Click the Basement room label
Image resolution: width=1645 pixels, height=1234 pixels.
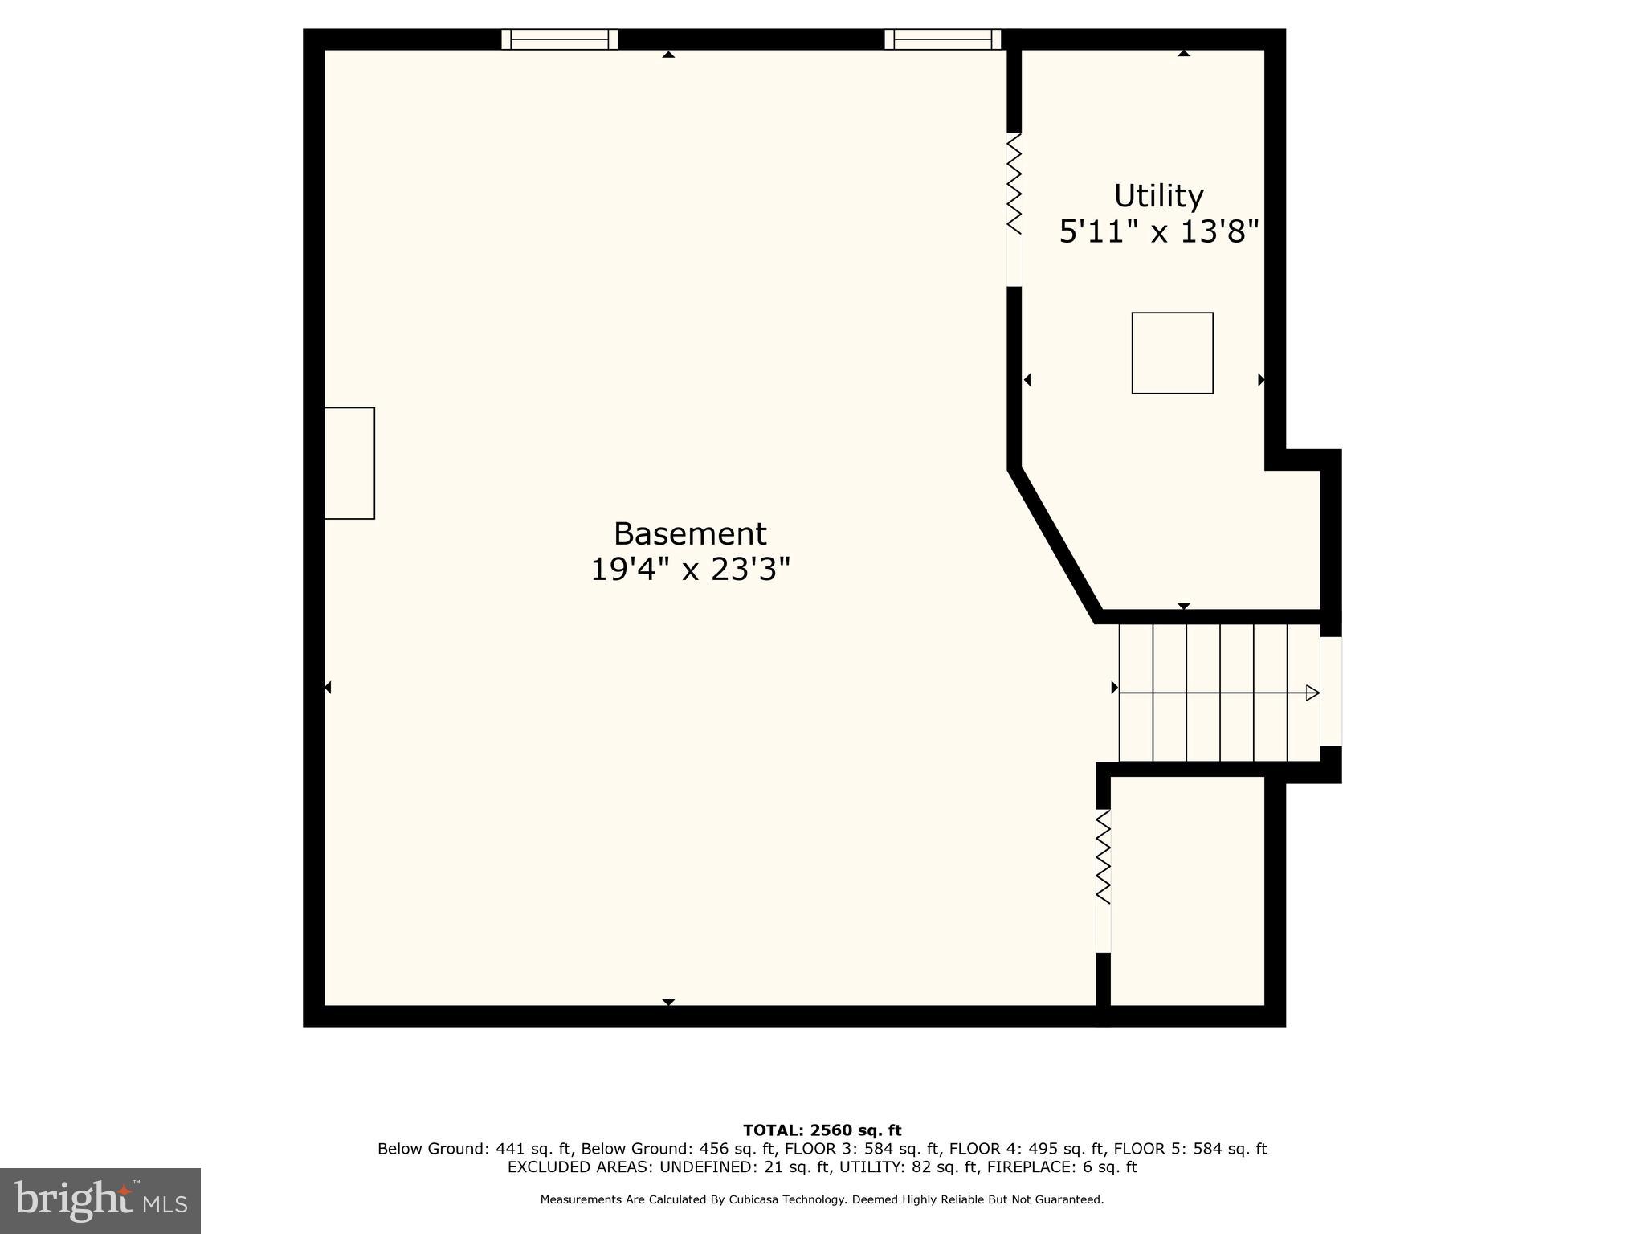coord(690,534)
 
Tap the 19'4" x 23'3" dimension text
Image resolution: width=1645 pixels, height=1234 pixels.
coord(690,570)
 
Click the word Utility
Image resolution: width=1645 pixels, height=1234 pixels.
coord(1158,196)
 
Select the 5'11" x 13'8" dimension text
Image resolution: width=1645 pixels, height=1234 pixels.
coord(1158,232)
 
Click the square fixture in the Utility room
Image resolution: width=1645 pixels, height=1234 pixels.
coord(1172,353)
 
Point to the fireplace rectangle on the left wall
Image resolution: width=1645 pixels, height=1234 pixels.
coord(349,463)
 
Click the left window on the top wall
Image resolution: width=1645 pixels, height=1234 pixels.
coord(560,39)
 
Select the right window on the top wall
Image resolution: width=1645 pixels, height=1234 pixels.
coord(943,39)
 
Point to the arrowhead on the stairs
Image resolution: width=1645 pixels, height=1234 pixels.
coord(1312,693)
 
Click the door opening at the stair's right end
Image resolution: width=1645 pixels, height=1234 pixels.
coord(1331,691)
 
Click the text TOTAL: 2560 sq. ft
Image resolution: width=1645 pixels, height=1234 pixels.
coord(822,1130)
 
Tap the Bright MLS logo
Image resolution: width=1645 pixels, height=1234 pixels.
coord(100,1200)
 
